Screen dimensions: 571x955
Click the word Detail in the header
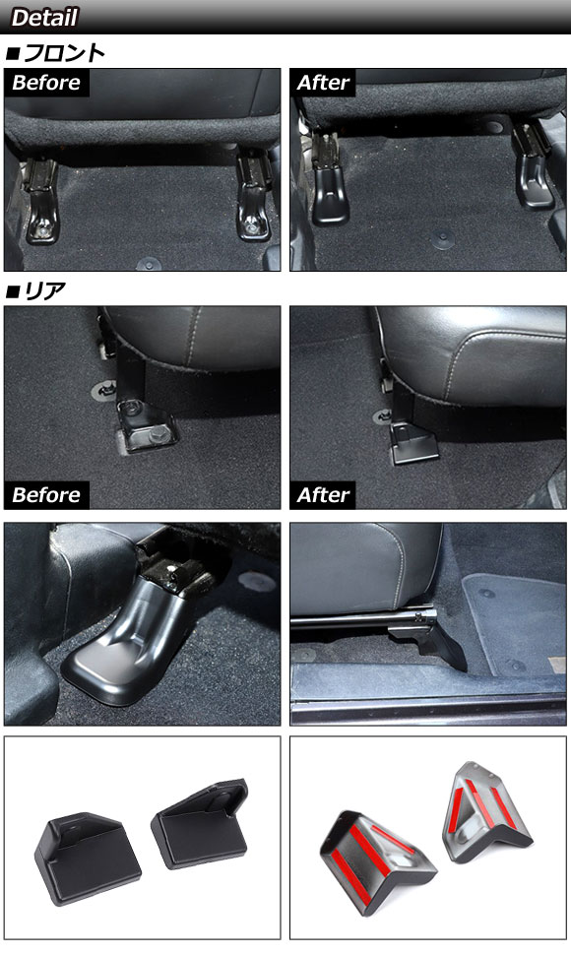[x=44, y=17]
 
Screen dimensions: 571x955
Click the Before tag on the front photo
[x=46, y=83]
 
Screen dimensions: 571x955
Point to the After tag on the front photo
[x=323, y=83]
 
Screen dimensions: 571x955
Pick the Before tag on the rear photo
[x=46, y=494]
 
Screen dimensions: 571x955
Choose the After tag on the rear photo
[x=323, y=494]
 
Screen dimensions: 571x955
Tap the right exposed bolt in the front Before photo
[x=251, y=229]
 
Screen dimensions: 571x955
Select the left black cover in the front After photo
[x=330, y=195]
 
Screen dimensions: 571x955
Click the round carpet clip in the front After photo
[x=442, y=238]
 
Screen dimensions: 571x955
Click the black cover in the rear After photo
[x=413, y=445]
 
